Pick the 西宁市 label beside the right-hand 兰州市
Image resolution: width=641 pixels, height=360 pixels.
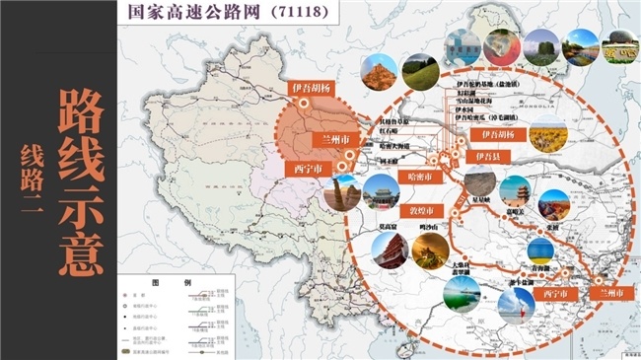(x=554, y=294)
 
